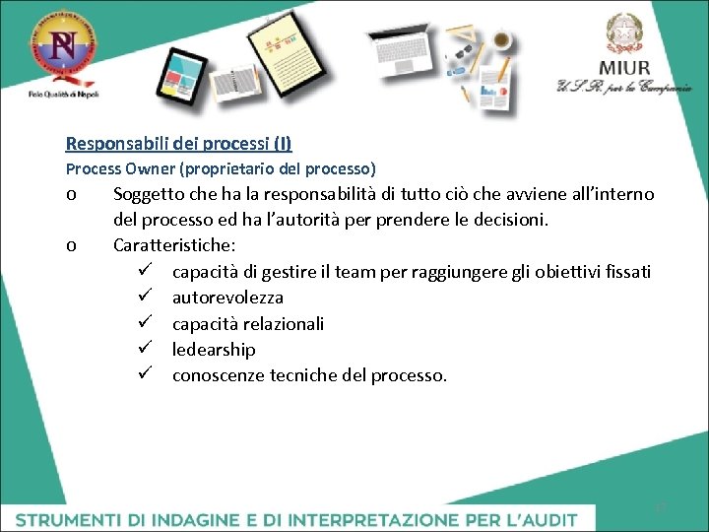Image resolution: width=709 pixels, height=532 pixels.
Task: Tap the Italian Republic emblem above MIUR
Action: pyautogui.click(x=622, y=33)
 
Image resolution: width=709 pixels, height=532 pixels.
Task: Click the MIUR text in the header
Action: pyautogui.click(x=624, y=68)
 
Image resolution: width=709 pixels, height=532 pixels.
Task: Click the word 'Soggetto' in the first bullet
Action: pyautogui.click(x=149, y=194)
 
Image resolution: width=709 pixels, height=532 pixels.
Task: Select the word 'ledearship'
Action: pyautogui.click(x=214, y=349)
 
